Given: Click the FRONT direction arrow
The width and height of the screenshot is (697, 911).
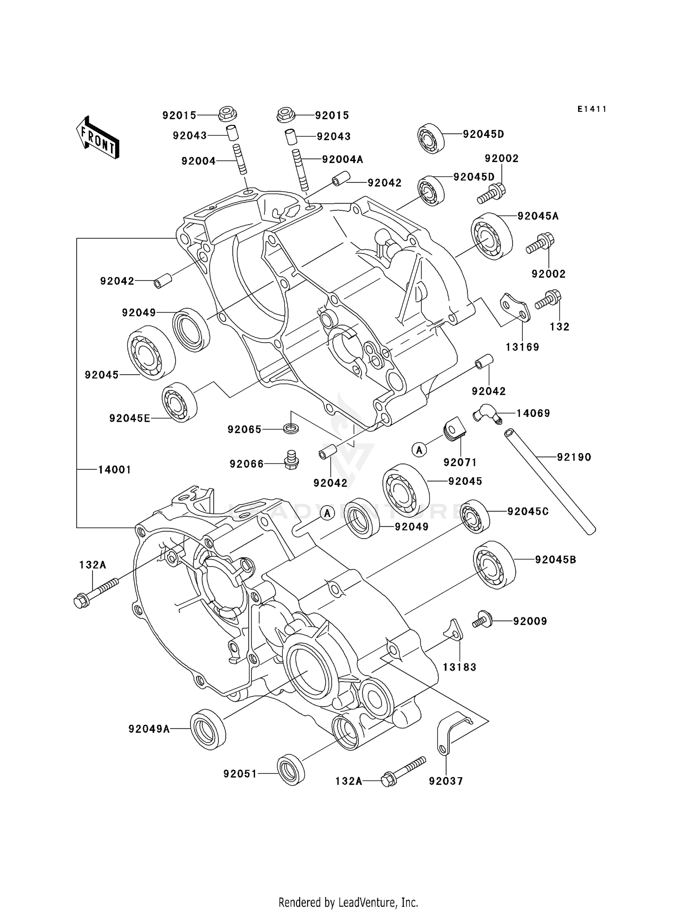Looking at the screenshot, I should click(x=98, y=138).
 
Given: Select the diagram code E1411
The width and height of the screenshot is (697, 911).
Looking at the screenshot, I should click(x=592, y=109).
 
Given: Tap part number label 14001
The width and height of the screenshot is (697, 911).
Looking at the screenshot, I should click(x=114, y=469).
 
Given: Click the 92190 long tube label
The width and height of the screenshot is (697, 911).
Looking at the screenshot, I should click(x=574, y=457).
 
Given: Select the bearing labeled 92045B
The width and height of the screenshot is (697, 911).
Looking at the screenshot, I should click(x=494, y=565).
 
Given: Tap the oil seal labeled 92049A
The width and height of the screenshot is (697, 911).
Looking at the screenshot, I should click(x=208, y=729).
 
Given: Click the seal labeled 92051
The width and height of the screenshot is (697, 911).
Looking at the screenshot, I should click(x=291, y=769).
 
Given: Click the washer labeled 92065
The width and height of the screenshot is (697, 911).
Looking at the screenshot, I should click(x=291, y=428).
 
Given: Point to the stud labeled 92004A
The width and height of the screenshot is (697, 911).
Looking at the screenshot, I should click(x=301, y=169).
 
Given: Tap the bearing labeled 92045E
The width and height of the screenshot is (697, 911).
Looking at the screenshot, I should click(x=179, y=402).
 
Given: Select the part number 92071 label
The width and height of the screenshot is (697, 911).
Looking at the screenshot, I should click(x=460, y=462).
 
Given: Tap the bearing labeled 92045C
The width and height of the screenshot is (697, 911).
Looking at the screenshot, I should click(x=474, y=516).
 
